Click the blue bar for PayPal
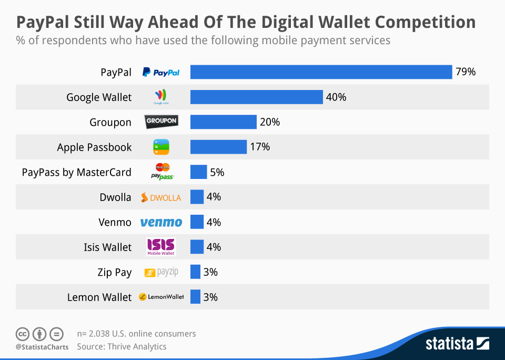click(x=321, y=72)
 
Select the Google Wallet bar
click(x=256, y=97)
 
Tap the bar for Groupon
click(x=223, y=122)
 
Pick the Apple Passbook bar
click(x=218, y=147)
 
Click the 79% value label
click(x=466, y=72)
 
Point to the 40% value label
click(x=336, y=97)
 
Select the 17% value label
click(x=260, y=147)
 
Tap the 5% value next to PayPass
click(x=217, y=172)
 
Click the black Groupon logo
click(x=161, y=122)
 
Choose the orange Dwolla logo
click(x=161, y=197)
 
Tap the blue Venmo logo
click(x=161, y=222)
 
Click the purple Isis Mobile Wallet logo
click(x=161, y=246)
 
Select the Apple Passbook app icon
click(x=161, y=147)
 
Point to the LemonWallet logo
click(x=161, y=297)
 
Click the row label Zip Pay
click(x=114, y=272)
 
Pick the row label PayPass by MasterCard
click(x=77, y=172)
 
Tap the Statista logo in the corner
click(x=457, y=344)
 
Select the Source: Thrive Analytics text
click(x=122, y=346)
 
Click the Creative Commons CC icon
click(x=23, y=334)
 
